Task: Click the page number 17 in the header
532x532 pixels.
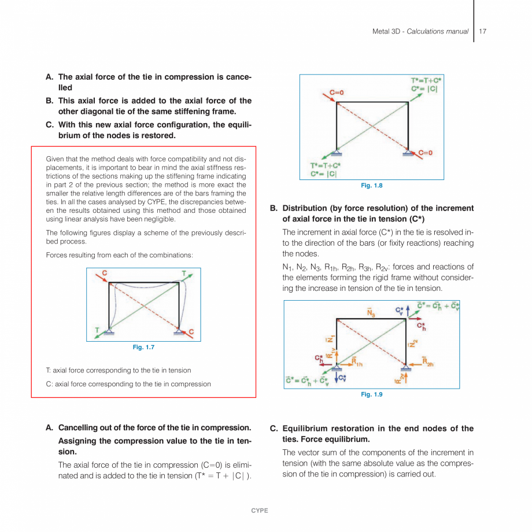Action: click(x=482, y=31)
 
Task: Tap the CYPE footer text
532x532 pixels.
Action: click(x=259, y=511)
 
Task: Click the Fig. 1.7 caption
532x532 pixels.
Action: click(x=143, y=347)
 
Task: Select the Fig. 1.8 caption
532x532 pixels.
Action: click(x=371, y=186)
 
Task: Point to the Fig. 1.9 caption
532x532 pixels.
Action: click(x=371, y=394)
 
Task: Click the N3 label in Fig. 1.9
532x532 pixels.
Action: click(x=371, y=313)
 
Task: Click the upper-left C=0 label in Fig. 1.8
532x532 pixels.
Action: click(x=337, y=93)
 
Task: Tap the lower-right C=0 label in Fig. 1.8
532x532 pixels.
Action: click(x=426, y=153)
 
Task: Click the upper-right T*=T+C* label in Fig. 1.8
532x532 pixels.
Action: click(x=425, y=80)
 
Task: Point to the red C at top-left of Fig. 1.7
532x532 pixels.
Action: click(x=105, y=272)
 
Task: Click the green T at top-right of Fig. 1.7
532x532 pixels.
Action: click(x=184, y=272)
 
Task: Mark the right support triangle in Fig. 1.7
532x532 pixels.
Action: click(x=180, y=332)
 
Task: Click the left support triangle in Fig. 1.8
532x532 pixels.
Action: click(x=337, y=153)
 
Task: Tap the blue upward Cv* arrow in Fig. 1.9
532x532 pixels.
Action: click(x=409, y=311)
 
